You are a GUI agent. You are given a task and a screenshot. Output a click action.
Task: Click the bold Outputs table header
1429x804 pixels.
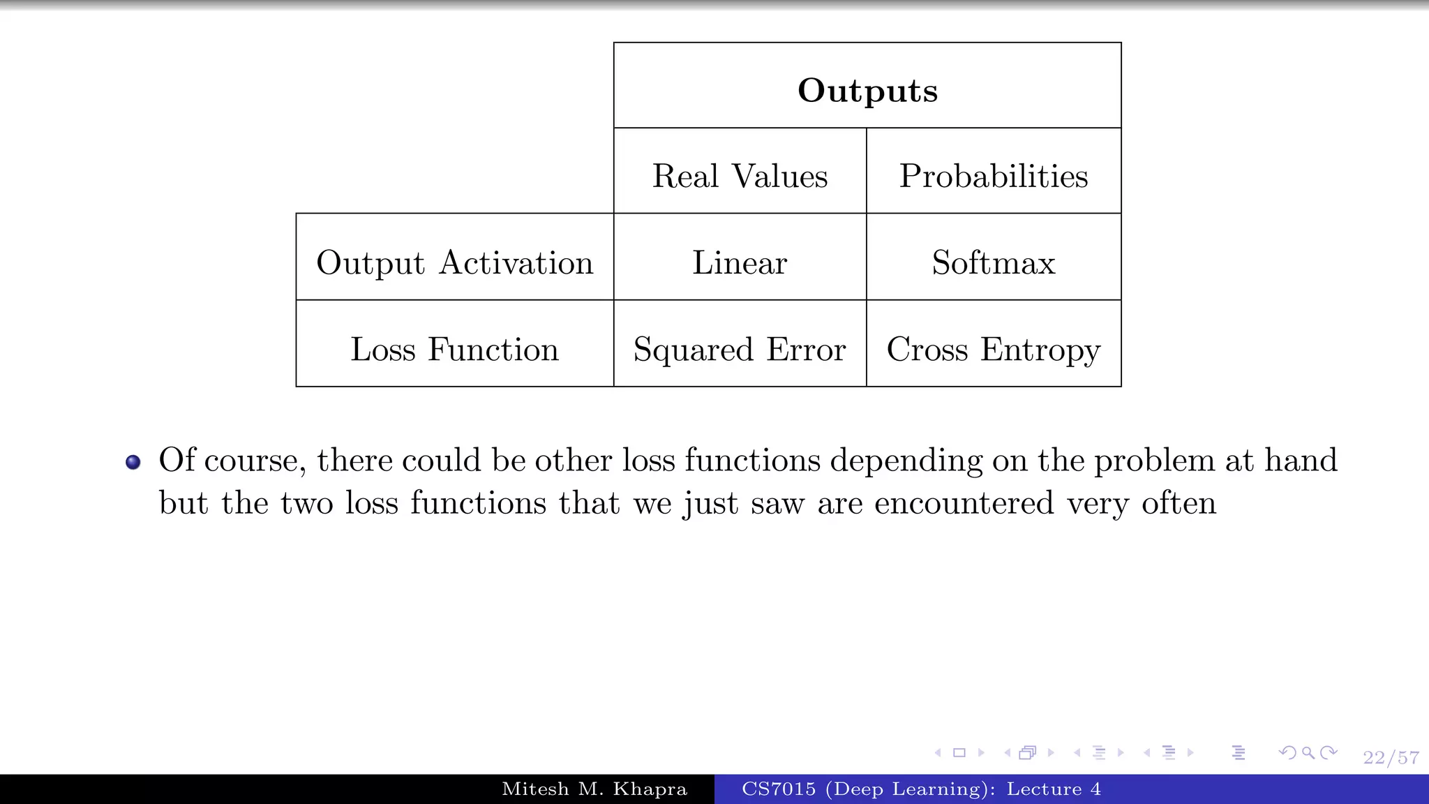[867, 90]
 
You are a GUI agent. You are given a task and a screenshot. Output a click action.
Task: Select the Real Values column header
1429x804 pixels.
[740, 176]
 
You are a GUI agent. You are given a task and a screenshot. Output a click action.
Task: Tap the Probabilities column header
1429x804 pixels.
[993, 176]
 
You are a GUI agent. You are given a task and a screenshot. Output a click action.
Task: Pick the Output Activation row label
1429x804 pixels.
[454, 263]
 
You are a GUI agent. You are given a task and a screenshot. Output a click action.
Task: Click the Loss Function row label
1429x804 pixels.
[454, 349]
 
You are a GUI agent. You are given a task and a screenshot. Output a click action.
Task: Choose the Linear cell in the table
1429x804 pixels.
[740, 263]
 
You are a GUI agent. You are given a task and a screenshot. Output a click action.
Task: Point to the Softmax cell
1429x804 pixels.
[993, 263]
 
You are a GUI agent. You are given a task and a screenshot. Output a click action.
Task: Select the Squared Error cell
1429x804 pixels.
[740, 349]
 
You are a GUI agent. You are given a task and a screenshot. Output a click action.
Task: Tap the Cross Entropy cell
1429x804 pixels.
[993, 349]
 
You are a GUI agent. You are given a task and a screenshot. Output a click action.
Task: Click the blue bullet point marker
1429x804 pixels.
[133, 462]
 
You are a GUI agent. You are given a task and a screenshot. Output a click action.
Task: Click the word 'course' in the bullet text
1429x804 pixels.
[254, 461]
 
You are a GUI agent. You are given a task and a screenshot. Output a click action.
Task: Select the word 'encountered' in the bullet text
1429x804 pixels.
[964, 503]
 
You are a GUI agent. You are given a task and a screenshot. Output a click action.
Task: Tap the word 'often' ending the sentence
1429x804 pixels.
[1179, 503]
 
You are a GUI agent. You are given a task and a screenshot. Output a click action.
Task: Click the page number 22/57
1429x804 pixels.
[1391, 758]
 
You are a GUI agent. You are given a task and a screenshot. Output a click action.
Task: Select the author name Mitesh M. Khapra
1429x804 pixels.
[594, 789]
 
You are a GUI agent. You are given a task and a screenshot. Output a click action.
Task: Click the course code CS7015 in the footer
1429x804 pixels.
[778, 789]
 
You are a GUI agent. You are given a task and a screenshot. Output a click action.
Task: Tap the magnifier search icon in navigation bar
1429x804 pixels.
[1308, 753]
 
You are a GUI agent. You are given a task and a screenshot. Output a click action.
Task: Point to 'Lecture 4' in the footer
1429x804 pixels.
[1054, 789]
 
